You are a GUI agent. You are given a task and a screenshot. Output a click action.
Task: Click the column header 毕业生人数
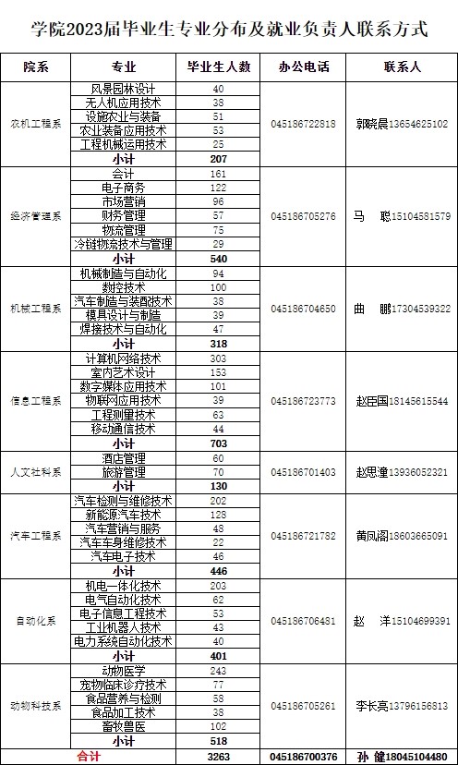coord(219,67)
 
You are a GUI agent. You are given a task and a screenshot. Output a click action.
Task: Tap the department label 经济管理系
coord(36,216)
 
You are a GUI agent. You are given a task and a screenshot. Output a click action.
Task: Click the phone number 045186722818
coord(304,124)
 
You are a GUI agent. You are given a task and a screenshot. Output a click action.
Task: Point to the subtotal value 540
coord(219,258)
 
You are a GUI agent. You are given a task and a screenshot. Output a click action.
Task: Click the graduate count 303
coord(219,358)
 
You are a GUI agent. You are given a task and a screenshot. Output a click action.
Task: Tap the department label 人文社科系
coord(36,472)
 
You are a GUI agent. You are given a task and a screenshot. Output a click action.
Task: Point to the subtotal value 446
coord(219,571)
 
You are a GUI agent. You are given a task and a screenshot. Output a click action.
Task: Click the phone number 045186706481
coord(304,621)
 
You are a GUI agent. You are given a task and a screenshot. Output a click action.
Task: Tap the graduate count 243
coord(219,670)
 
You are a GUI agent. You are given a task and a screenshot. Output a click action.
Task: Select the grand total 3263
coord(219,755)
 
